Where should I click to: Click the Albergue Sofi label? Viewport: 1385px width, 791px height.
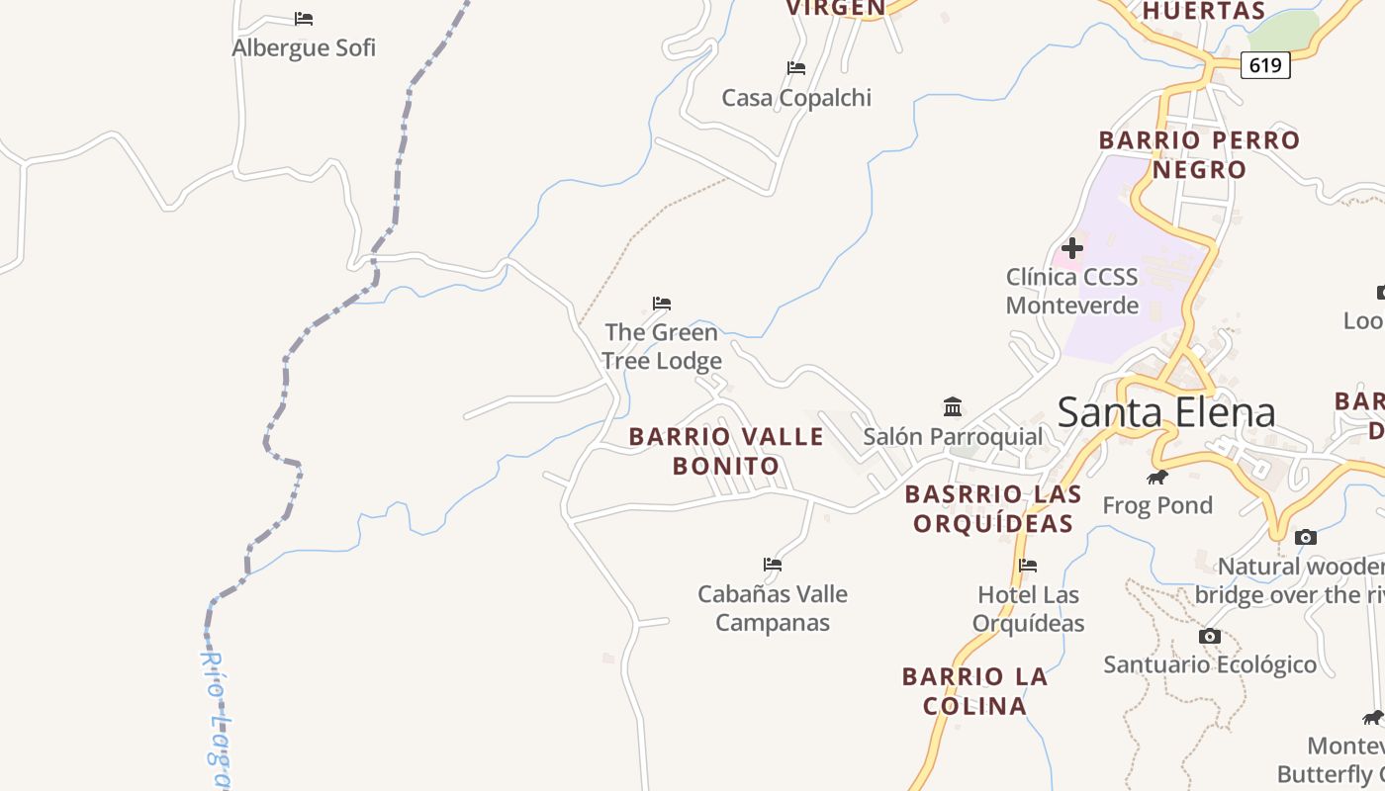pyautogui.click(x=304, y=47)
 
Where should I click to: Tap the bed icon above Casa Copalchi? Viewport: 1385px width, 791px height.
pyautogui.click(x=796, y=68)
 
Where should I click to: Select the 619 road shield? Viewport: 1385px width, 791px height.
pyautogui.click(x=1265, y=65)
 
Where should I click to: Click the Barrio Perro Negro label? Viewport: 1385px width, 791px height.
pyautogui.click(x=1199, y=154)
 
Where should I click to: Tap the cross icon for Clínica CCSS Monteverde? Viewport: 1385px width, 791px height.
pyautogui.click(x=1071, y=248)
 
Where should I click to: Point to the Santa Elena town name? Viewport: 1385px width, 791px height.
pyautogui.click(x=1166, y=412)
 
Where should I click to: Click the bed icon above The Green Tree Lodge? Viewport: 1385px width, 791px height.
pyautogui.click(x=662, y=304)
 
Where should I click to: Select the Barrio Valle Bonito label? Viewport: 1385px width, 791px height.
pyautogui.click(x=726, y=451)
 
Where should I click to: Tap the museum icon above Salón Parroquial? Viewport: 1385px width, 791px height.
pyautogui.click(x=953, y=406)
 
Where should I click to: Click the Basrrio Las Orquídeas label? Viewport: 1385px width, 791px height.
pyautogui.click(x=993, y=508)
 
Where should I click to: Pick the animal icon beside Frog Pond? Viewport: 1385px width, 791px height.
pyautogui.click(x=1156, y=478)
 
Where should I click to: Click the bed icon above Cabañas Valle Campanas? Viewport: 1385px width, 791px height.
pyautogui.click(x=773, y=565)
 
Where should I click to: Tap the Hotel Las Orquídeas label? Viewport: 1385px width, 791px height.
pyautogui.click(x=1028, y=609)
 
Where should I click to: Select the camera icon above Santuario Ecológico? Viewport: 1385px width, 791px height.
pyautogui.click(x=1209, y=636)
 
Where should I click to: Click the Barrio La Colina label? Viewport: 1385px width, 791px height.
pyautogui.click(x=974, y=691)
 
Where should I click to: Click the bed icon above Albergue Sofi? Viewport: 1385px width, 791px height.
pyautogui.click(x=304, y=19)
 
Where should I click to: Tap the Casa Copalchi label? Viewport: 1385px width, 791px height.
pyautogui.click(x=796, y=98)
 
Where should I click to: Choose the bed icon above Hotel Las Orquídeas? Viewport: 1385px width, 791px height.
pyautogui.click(x=1028, y=566)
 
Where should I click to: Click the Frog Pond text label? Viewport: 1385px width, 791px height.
pyautogui.click(x=1157, y=505)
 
